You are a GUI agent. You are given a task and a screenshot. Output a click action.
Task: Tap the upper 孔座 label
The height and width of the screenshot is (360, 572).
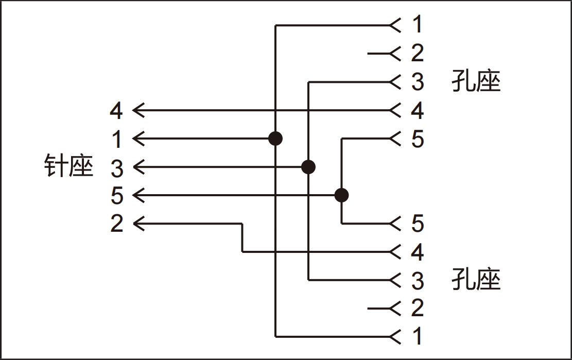coord(476,81)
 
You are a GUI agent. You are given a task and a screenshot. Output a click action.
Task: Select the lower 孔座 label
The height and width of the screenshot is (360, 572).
coord(476,280)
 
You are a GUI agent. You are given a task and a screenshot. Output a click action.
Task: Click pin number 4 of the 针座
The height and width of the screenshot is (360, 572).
coord(117,111)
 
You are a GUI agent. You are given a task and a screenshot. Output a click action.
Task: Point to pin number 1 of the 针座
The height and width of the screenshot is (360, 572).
coord(117,139)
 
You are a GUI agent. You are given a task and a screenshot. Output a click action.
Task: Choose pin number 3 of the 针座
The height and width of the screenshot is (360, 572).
coord(117,168)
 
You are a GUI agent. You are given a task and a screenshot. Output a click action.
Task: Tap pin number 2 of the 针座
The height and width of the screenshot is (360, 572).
coord(117,224)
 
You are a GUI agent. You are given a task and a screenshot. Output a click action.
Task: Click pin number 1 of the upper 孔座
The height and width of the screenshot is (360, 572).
coord(417,24)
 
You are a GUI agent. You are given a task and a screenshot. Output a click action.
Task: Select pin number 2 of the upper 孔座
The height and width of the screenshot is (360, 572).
coord(417,53)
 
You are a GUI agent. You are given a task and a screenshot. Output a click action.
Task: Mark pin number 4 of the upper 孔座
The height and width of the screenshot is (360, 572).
coord(417,111)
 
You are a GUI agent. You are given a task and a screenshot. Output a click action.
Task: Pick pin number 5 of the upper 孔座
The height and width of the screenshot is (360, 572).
coord(417,139)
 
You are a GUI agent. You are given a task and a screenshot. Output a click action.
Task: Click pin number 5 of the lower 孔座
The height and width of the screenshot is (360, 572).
coord(417,224)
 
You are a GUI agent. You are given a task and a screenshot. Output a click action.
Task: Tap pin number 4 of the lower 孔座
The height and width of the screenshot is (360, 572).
coord(417,252)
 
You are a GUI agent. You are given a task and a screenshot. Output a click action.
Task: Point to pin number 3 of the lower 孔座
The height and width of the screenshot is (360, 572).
coord(417,281)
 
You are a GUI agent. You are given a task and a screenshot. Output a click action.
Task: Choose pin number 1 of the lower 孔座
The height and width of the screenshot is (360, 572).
coord(417,336)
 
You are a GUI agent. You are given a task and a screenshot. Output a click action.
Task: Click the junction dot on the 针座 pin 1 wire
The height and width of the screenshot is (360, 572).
coord(275,139)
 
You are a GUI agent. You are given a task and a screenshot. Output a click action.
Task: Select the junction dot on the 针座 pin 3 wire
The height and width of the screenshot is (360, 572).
coord(308,167)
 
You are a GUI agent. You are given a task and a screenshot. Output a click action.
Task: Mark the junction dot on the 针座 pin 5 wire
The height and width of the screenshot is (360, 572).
coord(341,195)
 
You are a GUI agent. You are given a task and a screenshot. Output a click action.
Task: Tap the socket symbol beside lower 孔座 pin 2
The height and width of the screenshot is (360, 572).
coord(395,308)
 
